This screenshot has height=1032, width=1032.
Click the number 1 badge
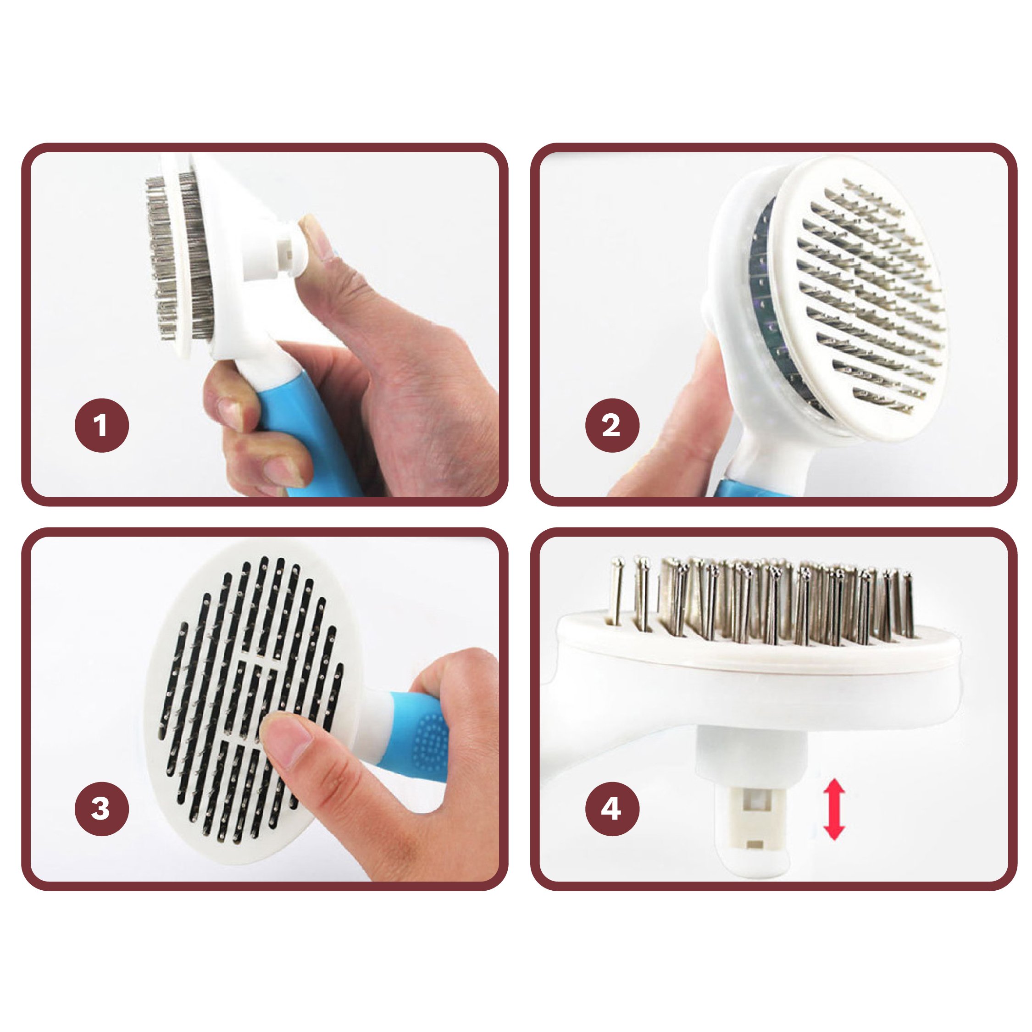click(x=101, y=425)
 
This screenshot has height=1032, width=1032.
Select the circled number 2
click(x=612, y=425)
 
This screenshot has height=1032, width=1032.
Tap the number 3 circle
click(x=101, y=808)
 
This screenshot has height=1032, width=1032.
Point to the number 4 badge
click(x=612, y=808)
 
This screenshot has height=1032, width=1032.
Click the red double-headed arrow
click(x=833, y=809)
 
